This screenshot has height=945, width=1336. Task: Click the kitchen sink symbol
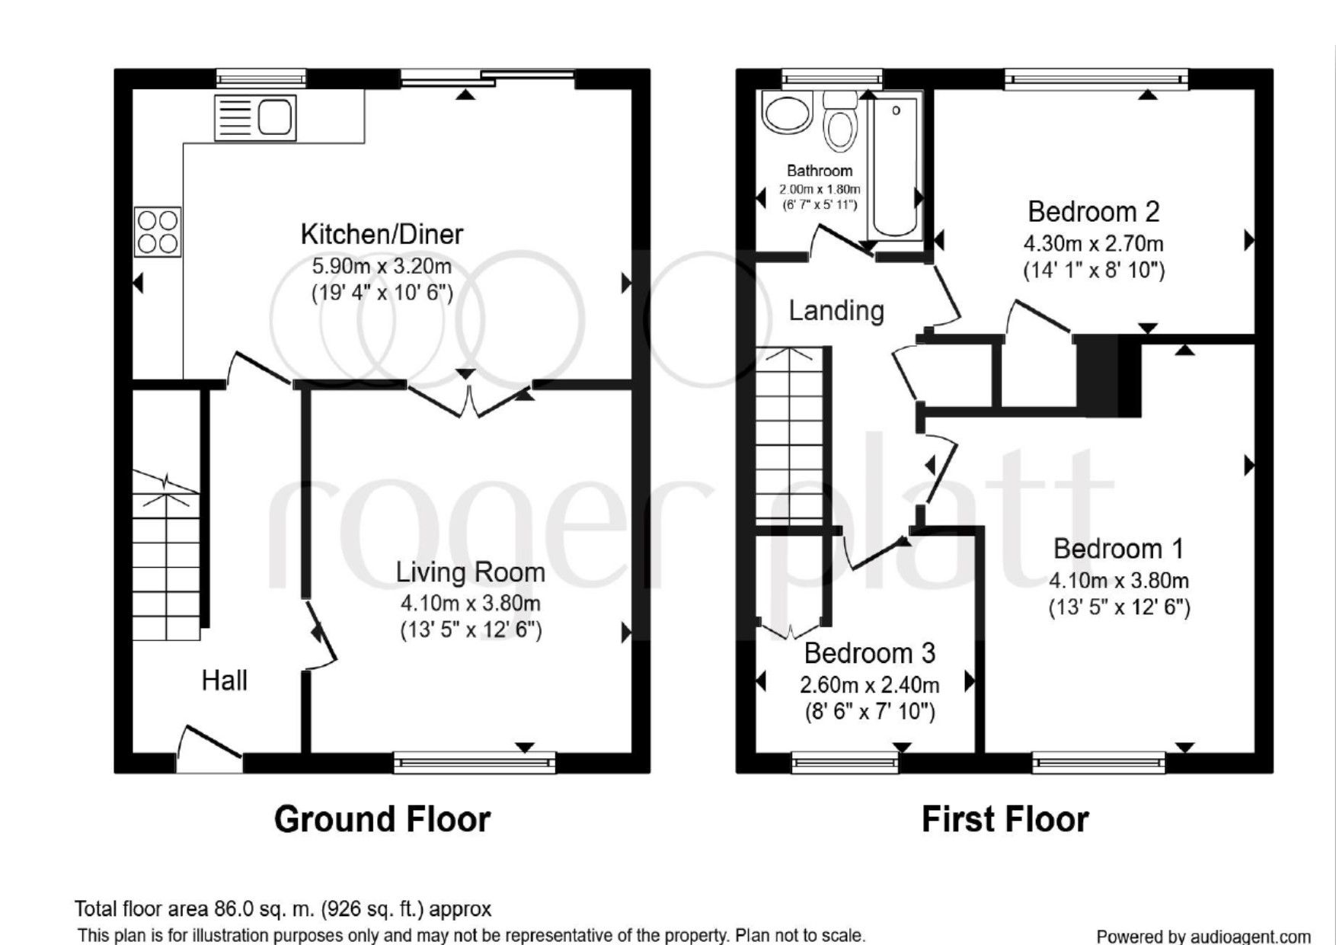(256, 118)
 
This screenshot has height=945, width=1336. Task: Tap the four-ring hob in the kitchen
(158, 232)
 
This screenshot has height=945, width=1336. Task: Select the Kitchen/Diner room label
(382, 234)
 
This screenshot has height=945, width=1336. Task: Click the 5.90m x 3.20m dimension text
(382, 267)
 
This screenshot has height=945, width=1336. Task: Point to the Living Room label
(470, 572)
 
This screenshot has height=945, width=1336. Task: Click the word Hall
(224, 680)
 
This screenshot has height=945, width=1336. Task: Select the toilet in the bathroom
(841, 123)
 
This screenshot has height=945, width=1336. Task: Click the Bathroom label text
(820, 171)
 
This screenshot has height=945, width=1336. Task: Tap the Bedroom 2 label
(1093, 211)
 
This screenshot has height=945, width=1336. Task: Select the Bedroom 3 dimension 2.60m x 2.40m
(869, 684)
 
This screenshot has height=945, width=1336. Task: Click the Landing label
(836, 310)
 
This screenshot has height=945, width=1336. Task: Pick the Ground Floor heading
(382, 819)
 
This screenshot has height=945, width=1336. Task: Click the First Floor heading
(1005, 819)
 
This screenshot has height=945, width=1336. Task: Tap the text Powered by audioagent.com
(1203, 936)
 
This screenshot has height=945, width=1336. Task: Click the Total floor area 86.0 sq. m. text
(283, 908)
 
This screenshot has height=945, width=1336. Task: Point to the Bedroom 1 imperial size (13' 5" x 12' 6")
(1118, 607)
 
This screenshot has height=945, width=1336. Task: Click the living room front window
(475, 762)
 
